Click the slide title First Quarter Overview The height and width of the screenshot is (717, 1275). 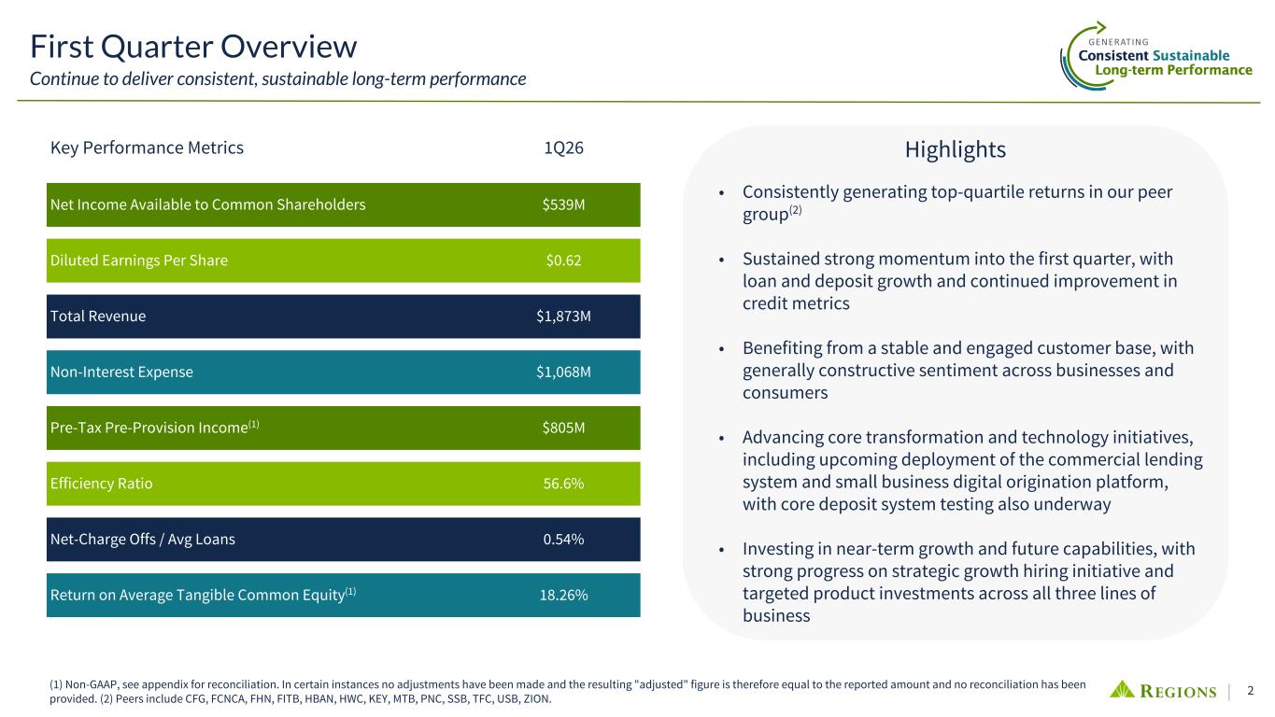193,46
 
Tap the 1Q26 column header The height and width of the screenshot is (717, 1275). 563,148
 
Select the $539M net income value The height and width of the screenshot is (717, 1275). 563,204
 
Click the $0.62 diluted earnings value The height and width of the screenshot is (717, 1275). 563,260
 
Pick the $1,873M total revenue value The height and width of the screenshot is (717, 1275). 563,316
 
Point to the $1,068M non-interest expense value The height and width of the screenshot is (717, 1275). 563,373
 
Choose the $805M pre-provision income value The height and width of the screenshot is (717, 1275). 563,428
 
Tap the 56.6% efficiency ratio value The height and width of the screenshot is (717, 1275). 563,484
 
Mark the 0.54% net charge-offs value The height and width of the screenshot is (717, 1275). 563,540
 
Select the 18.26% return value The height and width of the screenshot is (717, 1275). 563,596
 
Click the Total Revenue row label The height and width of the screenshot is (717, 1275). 97,316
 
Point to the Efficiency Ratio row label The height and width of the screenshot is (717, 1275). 101,484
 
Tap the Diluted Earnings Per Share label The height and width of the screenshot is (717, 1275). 138,260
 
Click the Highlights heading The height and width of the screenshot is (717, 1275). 955,149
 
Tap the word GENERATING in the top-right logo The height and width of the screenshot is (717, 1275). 1118,42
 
